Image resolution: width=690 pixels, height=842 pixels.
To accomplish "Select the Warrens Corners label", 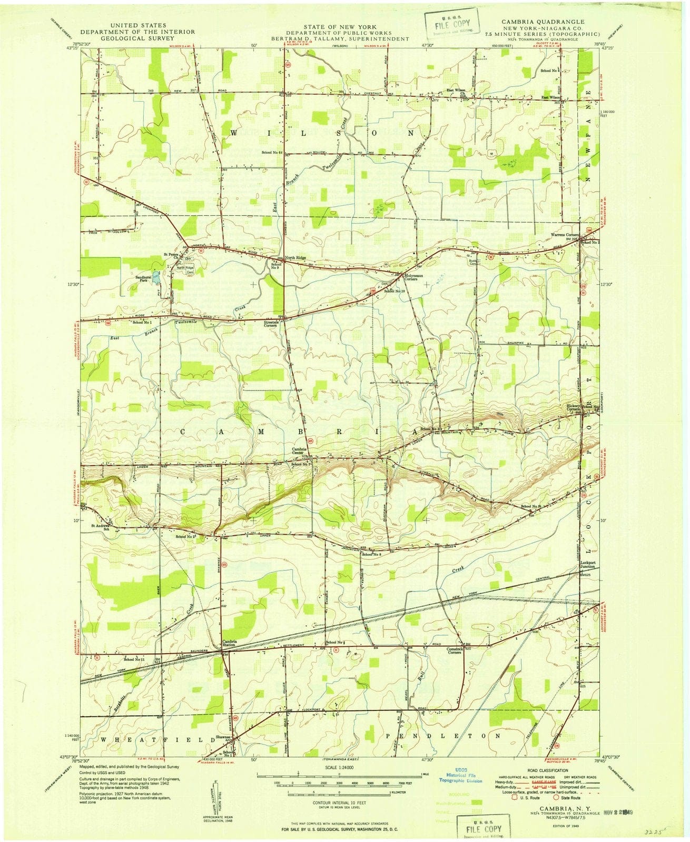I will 565,235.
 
